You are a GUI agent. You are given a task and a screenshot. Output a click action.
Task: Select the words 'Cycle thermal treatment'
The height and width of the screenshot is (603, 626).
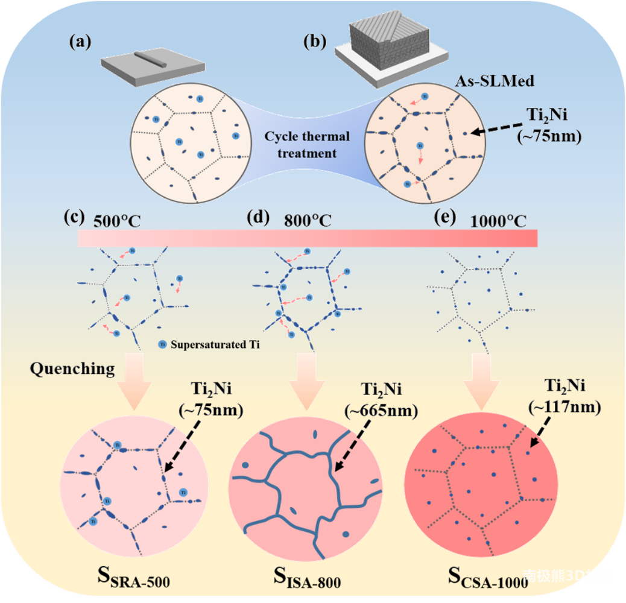tap(307, 145)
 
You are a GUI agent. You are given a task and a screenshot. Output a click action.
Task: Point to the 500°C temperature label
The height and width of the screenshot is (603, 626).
tap(117, 221)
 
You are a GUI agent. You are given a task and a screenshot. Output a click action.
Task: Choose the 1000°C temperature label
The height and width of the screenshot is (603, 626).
tap(498, 221)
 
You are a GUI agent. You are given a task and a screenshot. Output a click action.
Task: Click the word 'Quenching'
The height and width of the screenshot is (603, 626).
tap(72, 368)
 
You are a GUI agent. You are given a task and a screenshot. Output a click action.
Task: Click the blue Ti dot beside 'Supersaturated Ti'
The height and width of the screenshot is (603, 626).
tap(162, 345)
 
